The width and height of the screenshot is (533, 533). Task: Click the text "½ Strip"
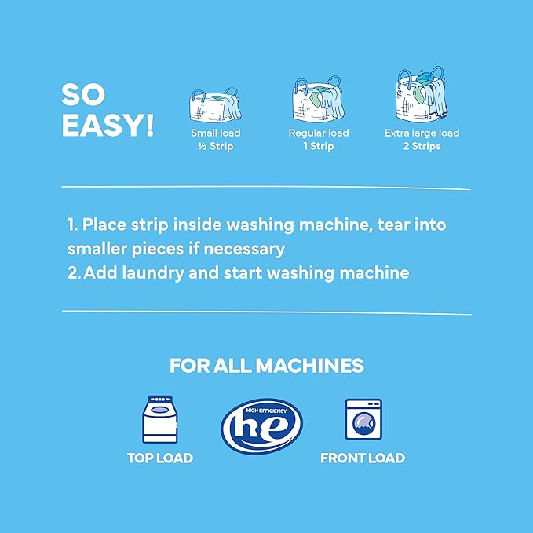[x=212, y=146]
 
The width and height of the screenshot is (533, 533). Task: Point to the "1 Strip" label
[x=318, y=146]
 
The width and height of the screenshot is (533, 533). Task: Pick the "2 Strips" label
[x=422, y=146]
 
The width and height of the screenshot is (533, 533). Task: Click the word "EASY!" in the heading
[x=108, y=125]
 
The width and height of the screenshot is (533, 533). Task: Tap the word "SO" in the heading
[x=84, y=95]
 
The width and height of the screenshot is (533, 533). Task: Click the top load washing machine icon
[x=159, y=420]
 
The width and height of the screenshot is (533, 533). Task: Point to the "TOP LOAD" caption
[x=160, y=458]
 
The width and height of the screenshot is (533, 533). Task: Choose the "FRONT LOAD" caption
[x=362, y=458]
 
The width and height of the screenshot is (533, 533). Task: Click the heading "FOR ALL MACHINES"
[x=266, y=366]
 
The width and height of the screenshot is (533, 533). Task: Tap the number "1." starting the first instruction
[x=73, y=225]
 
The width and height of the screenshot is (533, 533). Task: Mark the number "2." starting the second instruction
[x=75, y=273]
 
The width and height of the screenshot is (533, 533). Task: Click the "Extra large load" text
[x=422, y=133]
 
